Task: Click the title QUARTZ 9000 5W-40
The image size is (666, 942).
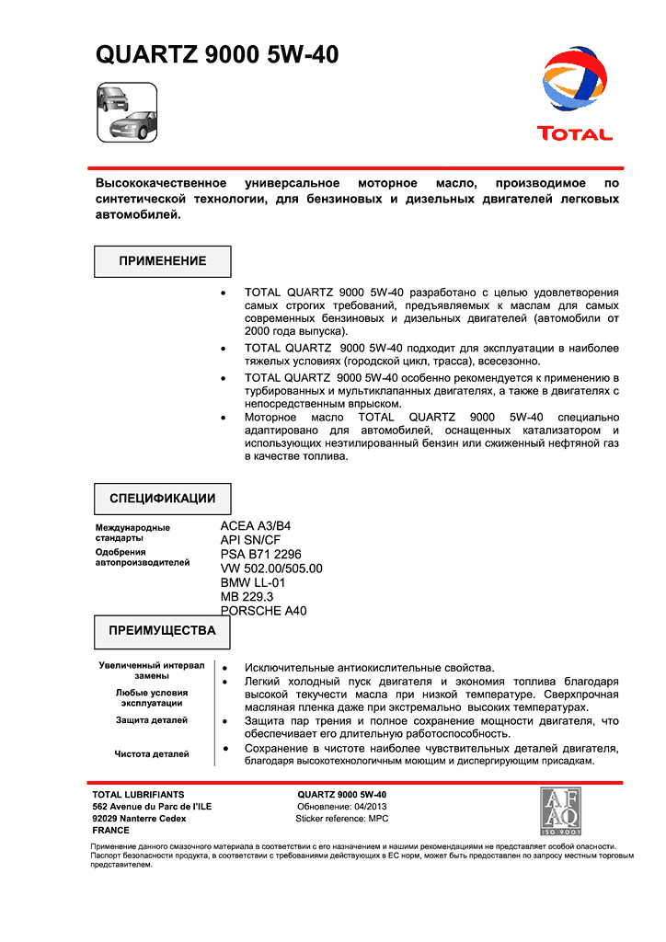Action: pyautogui.click(x=217, y=56)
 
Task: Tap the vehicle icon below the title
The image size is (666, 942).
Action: pyautogui.click(x=127, y=111)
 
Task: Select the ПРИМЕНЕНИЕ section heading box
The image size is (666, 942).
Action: pyautogui.click(x=163, y=261)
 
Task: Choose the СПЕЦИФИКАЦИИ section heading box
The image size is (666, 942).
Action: pyautogui.click(x=163, y=499)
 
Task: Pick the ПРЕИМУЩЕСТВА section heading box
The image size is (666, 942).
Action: pyautogui.click(x=163, y=631)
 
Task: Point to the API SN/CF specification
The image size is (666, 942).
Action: pyautogui.click(x=250, y=540)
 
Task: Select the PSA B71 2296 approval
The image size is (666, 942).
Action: pyautogui.click(x=260, y=555)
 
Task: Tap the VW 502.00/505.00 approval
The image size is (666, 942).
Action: pyautogui.click(x=271, y=569)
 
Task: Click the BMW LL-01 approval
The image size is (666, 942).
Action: pyautogui.click(x=253, y=582)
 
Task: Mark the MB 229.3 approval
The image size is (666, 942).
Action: pyautogui.click(x=247, y=596)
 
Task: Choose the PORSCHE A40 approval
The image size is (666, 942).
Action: pyautogui.click(x=263, y=611)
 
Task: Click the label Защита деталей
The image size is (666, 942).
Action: pyautogui.click(x=152, y=720)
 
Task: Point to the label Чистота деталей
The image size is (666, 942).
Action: pyautogui.click(x=152, y=754)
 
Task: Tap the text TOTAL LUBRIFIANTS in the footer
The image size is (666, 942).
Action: pyautogui.click(x=138, y=794)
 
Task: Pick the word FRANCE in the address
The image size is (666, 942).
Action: pyautogui.click(x=111, y=830)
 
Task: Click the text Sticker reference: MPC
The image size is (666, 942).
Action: pyautogui.click(x=342, y=818)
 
